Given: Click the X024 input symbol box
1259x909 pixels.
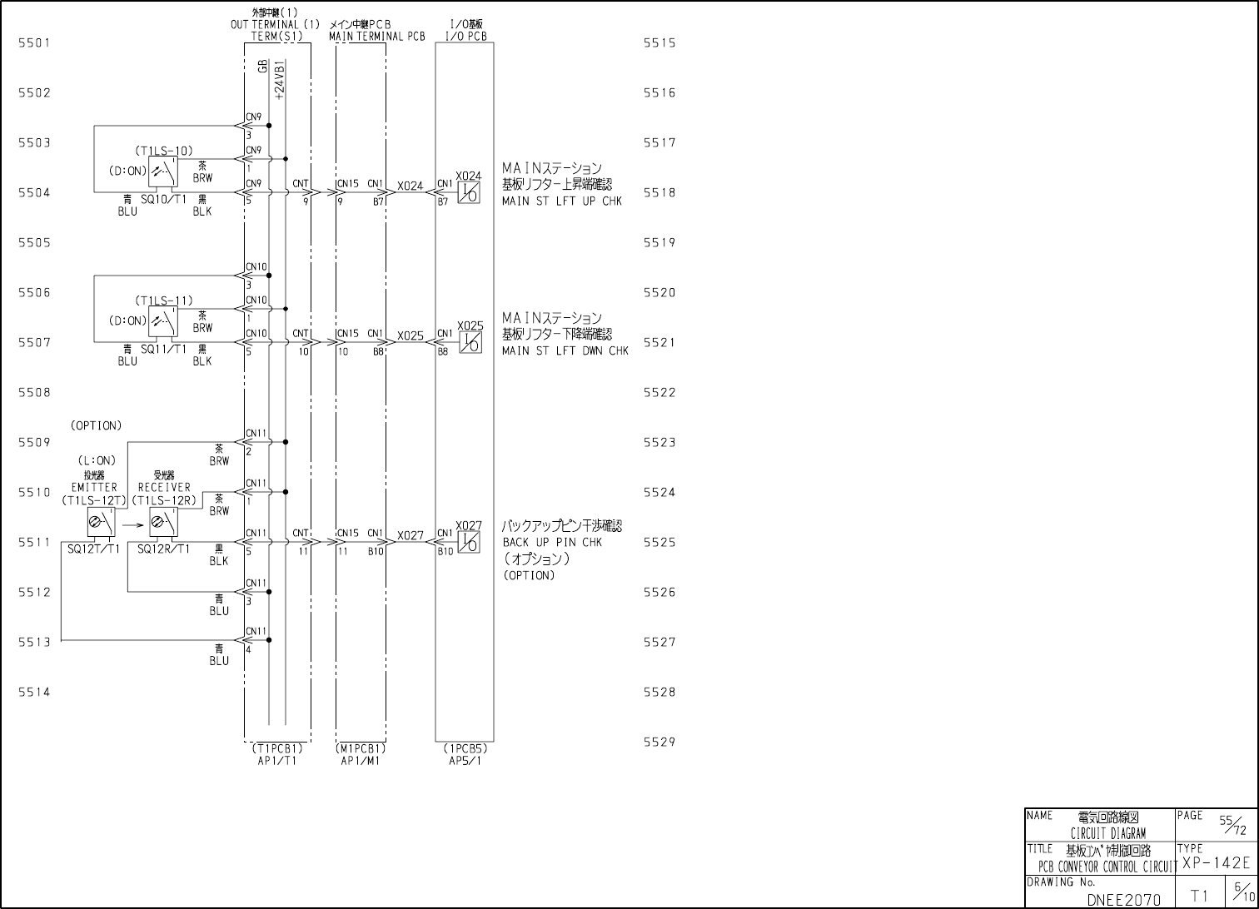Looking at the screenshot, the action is pos(470,192).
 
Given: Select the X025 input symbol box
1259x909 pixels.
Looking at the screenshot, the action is pos(470,342).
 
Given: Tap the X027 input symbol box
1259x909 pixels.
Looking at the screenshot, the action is pos(470,542).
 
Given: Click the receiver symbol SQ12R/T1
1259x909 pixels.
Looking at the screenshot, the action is pos(162,523).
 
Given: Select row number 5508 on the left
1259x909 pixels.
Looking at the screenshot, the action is pos(34,392).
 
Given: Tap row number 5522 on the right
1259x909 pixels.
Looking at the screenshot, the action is pos(659,392).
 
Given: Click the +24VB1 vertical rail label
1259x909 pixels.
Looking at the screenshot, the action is pos(280,80).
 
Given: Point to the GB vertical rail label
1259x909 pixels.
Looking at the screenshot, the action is pos(263,67).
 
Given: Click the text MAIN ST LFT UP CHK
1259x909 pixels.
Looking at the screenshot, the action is pos(562,201).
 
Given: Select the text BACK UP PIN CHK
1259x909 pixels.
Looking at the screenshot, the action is pos(552,543).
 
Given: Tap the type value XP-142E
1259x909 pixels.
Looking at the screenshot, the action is pos(1216,863).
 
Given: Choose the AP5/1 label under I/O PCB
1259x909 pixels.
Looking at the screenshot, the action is pos(465,760).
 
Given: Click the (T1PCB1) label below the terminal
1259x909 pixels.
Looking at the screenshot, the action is pos(277,748).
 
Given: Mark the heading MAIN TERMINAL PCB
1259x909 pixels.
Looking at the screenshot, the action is pos(377,37).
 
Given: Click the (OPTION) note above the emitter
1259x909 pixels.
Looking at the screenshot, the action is pos(96,425).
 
